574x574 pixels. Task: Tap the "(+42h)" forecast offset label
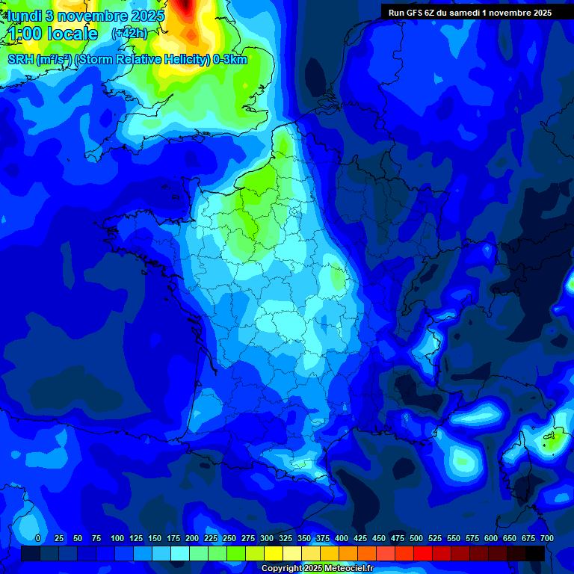(129, 33)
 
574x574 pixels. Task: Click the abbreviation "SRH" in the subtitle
(20, 60)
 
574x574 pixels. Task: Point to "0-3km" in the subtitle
(230, 60)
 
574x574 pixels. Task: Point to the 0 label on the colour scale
(38, 538)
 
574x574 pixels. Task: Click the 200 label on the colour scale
(192, 538)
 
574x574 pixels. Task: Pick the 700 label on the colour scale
(546, 538)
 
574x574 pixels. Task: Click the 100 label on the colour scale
(117, 538)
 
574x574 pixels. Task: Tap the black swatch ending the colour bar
(535, 553)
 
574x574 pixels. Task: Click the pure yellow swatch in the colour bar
(273, 553)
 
